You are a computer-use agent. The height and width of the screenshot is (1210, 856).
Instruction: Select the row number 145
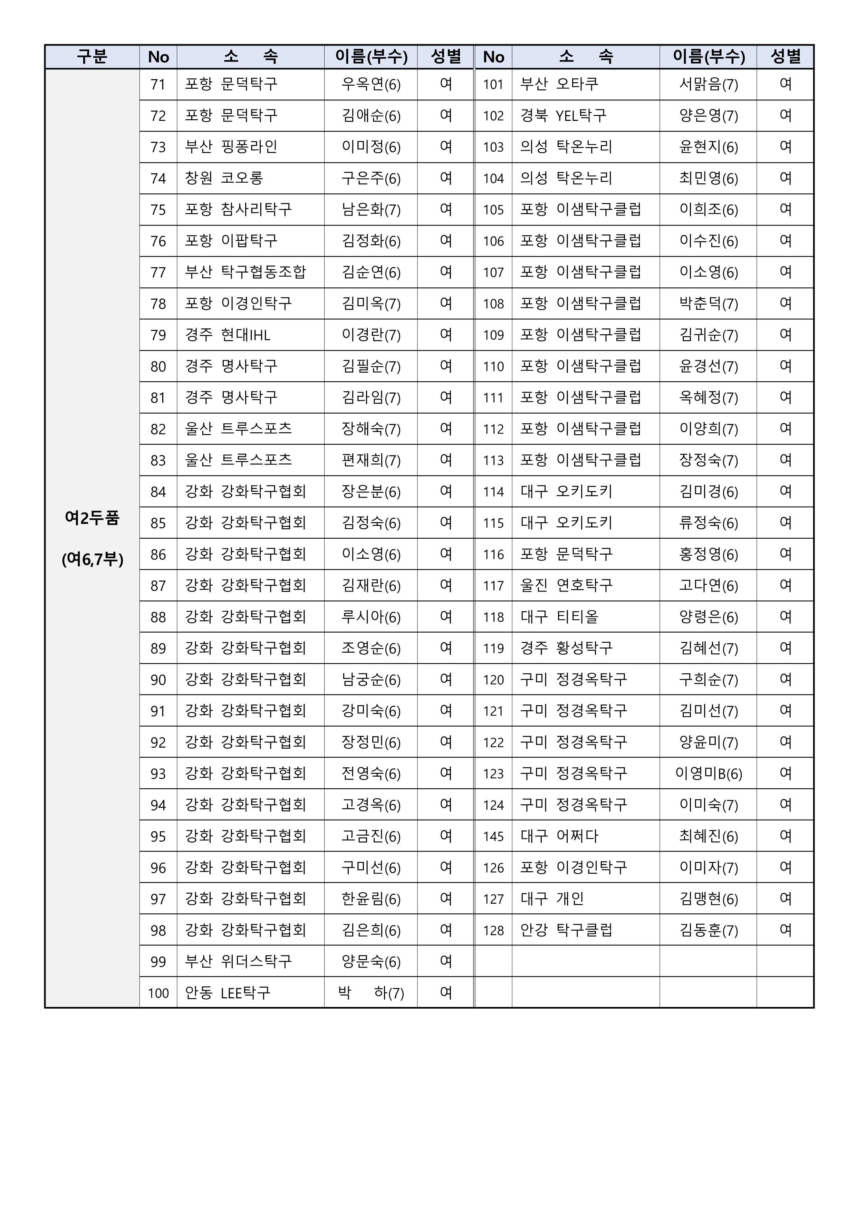point(493,836)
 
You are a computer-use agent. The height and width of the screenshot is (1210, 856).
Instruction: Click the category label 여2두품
point(92,518)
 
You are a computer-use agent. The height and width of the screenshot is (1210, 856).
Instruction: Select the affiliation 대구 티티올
point(559,617)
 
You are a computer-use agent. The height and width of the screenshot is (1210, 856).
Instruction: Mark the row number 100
point(158,993)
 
